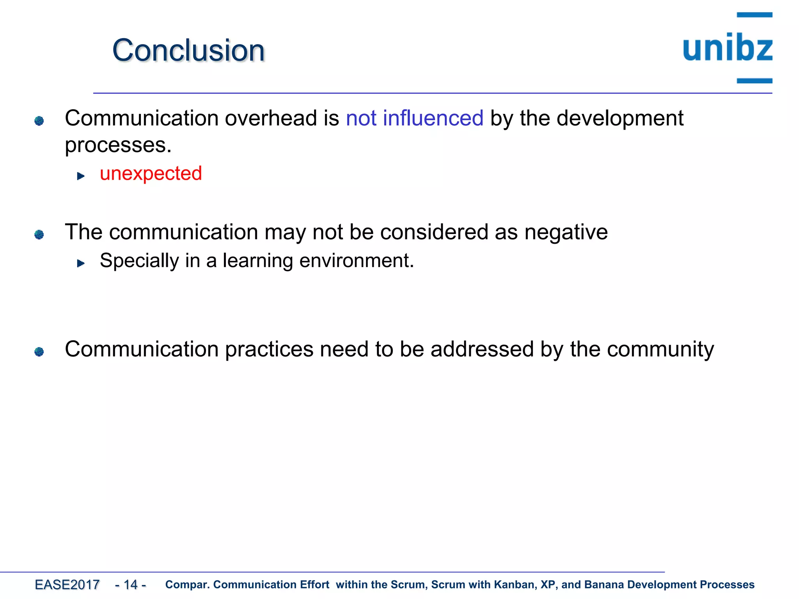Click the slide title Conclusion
click(188, 51)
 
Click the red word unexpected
click(151, 174)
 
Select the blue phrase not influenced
click(414, 118)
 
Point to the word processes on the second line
click(118, 146)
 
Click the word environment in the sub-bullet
click(356, 261)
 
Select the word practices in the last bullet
click(269, 349)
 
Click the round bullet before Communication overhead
click(39, 121)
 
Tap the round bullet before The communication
click(39, 234)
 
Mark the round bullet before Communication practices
click(39, 352)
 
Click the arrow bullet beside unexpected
click(81, 176)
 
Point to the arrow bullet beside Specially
click(81, 264)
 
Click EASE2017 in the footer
click(67, 585)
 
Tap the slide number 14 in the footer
click(131, 585)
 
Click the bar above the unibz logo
click(754, 15)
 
